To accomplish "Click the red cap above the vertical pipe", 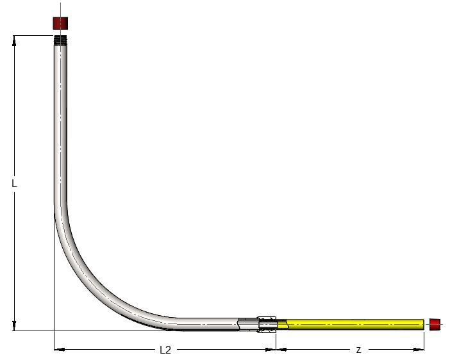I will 60,22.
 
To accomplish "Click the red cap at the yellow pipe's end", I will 436,323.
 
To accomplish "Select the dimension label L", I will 14,183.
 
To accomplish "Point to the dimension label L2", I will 165,350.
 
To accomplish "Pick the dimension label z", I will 358,350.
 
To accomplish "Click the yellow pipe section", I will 353,323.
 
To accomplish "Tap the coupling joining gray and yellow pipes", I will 267,323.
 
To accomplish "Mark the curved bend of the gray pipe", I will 96,282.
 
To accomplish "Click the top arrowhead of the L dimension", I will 14,40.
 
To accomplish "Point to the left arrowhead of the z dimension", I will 281,350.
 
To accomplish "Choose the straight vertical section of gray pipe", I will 62,128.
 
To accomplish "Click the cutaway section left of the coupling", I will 247,324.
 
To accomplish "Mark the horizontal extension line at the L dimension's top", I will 32,35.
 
